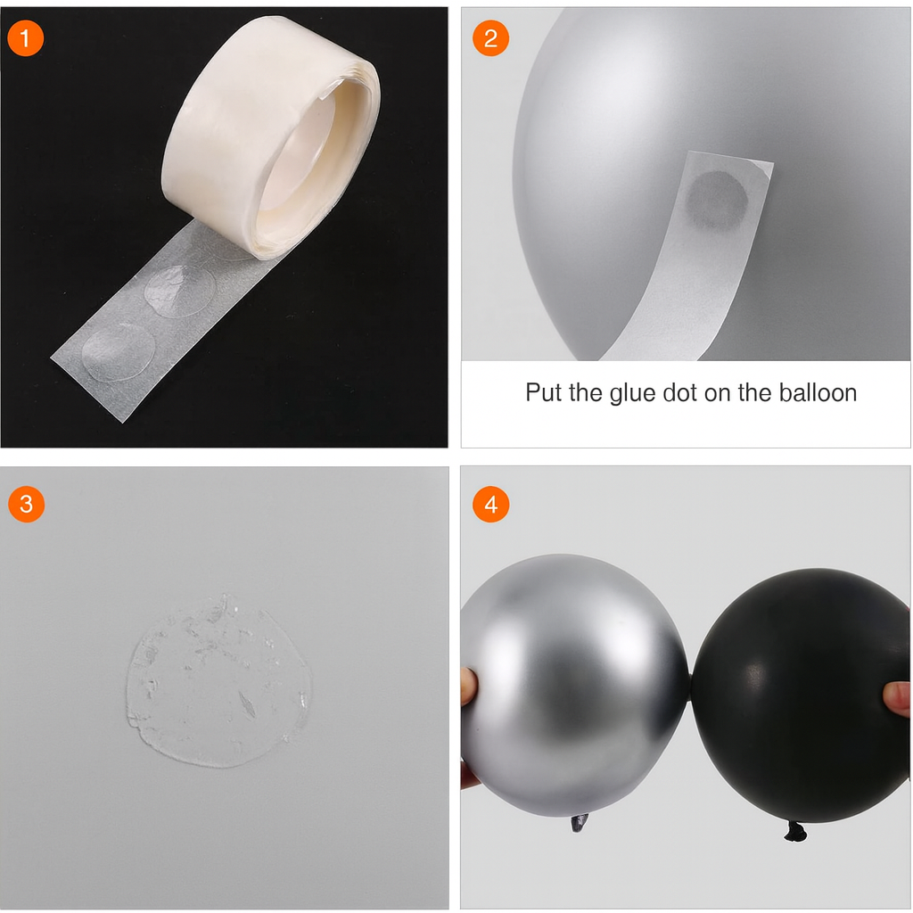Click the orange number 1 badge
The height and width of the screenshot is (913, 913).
pyautogui.click(x=25, y=38)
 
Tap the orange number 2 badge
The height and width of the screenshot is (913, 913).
pyautogui.click(x=491, y=38)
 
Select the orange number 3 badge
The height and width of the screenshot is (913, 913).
pyautogui.click(x=26, y=505)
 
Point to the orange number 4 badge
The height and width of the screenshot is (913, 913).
pyautogui.click(x=491, y=505)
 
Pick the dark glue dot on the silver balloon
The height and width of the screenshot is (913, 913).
pyautogui.click(x=717, y=200)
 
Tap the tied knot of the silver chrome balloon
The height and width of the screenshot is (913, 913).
pyautogui.click(x=579, y=823)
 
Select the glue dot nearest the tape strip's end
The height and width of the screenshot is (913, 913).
pyautogui.click(x=119, y=352)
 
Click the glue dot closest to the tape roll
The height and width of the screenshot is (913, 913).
pyautogui.click(x=180, y=291)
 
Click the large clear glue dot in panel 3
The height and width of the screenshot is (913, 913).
pyautogui.click(x=219, y=681)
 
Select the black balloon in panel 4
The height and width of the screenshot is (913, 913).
pyautogui.click(x=801, y=695)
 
